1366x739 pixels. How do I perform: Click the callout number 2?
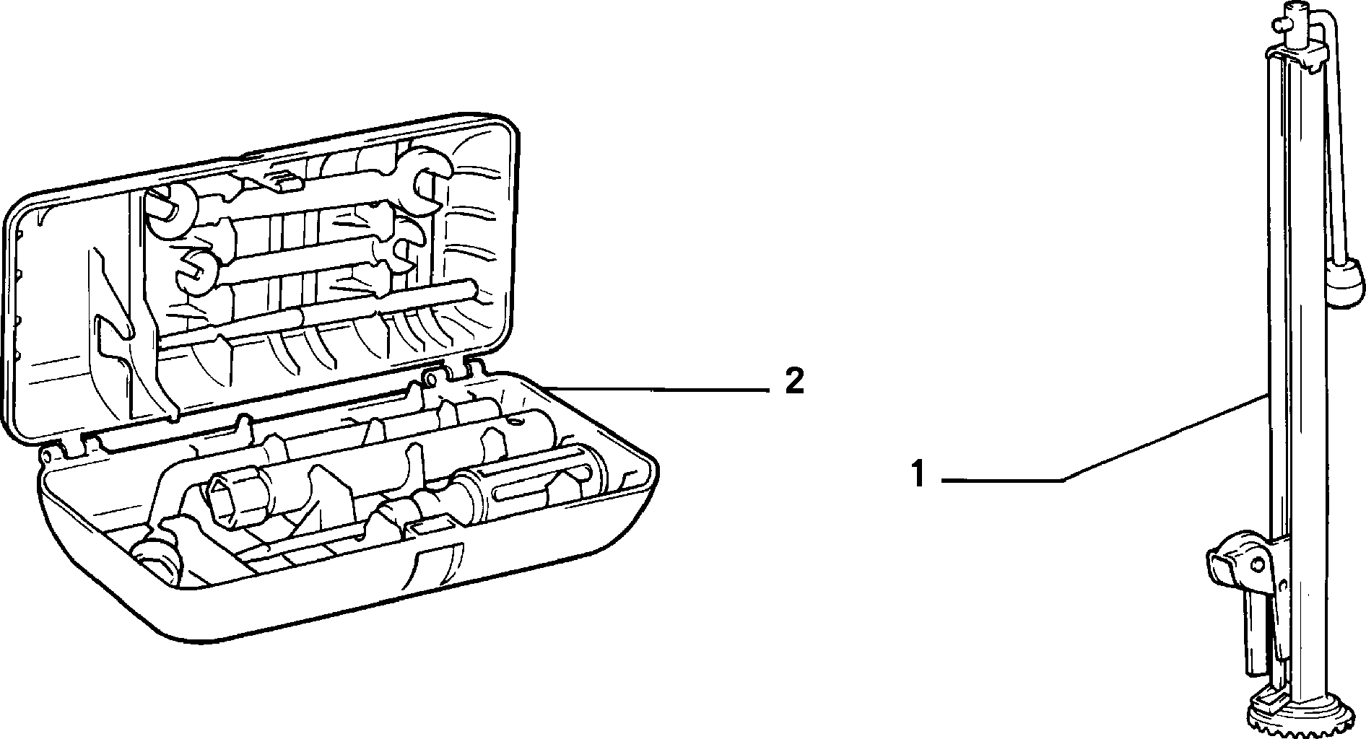pyautogui.click(x=793, y=380)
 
